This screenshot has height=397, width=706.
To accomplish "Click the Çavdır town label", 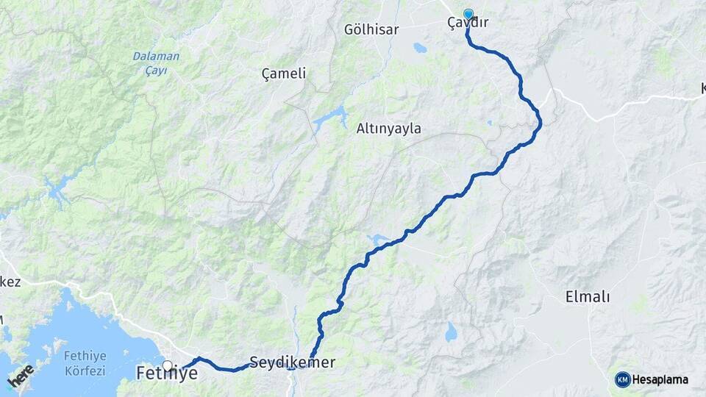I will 468,24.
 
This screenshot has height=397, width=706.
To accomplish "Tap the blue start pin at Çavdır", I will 468,14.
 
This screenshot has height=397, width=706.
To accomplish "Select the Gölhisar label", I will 371,30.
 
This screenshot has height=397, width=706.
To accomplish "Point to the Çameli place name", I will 284,74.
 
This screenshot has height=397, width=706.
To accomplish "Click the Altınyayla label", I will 388,129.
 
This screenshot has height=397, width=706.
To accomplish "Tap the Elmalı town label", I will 588,297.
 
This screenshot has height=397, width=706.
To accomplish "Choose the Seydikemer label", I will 292,362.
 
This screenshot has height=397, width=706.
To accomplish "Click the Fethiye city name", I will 167,374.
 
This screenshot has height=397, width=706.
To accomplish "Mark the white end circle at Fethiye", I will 168,365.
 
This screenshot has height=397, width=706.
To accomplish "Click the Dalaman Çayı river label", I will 150,63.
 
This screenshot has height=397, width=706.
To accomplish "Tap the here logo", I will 21,376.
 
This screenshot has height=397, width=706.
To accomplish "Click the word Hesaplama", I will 660,380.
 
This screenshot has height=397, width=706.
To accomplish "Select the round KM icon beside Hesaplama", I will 622,379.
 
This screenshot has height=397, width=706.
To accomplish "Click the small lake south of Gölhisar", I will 419,49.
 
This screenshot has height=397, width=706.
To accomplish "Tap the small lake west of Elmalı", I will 450,333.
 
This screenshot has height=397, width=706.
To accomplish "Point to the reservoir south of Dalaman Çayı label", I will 55,190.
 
